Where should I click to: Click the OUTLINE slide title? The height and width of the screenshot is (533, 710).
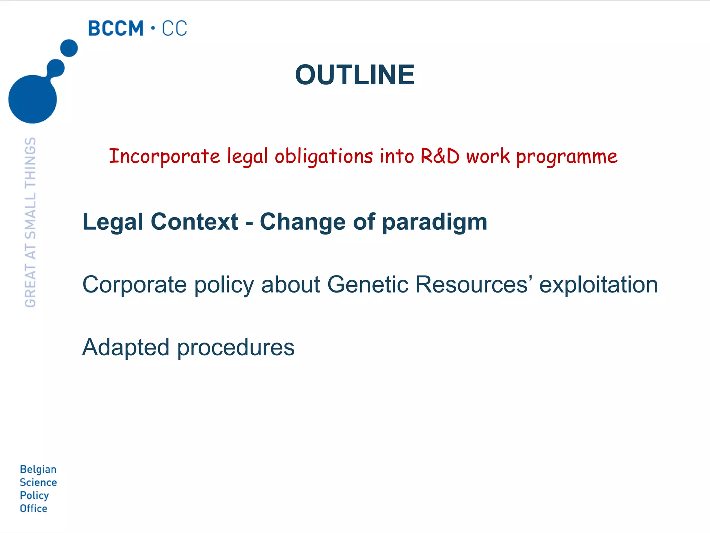355,75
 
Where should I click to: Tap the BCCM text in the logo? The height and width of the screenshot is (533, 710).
115,28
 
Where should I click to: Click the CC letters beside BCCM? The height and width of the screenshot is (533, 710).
174,28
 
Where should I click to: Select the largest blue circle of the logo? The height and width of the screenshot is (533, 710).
32,99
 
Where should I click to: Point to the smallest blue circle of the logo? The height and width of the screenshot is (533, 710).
69,48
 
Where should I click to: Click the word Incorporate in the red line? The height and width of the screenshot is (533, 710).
164,156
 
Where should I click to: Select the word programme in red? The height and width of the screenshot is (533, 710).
567,157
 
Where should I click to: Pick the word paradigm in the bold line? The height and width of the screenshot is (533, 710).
435,222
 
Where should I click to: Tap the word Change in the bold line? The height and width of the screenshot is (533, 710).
302,222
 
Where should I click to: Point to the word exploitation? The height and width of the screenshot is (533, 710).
598,285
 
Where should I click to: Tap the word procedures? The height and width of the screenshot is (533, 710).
236,348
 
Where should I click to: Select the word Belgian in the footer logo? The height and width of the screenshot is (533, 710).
38,469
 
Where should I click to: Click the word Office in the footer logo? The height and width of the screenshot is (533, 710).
34,508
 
